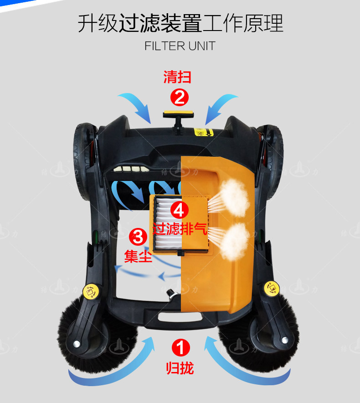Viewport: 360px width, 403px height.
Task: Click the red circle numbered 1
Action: [x=180, y=347]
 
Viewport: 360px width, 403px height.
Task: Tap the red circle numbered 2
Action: [x=180, y=98]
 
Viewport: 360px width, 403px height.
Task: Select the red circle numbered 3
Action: [x=138, y=237]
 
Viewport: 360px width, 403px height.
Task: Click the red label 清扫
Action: [x=177, y=77]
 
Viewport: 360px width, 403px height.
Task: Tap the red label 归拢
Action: [x=180, y=368]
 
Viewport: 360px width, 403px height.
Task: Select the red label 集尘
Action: [x=138, y=256]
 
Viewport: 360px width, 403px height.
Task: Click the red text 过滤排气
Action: [x=180, y=229]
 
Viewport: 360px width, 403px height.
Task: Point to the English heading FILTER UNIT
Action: [x=180, y=46]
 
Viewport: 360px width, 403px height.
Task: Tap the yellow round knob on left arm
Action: [x=91, y=292]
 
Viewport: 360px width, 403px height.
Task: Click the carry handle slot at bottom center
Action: [x=180, y=317]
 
